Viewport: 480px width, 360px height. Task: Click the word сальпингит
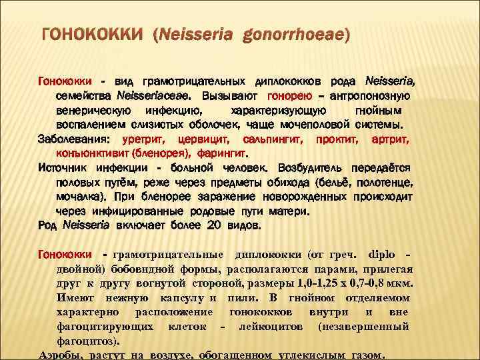click(265, 139)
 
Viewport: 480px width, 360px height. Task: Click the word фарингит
click(203, 153)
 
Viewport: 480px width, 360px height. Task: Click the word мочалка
click(79, 197)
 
